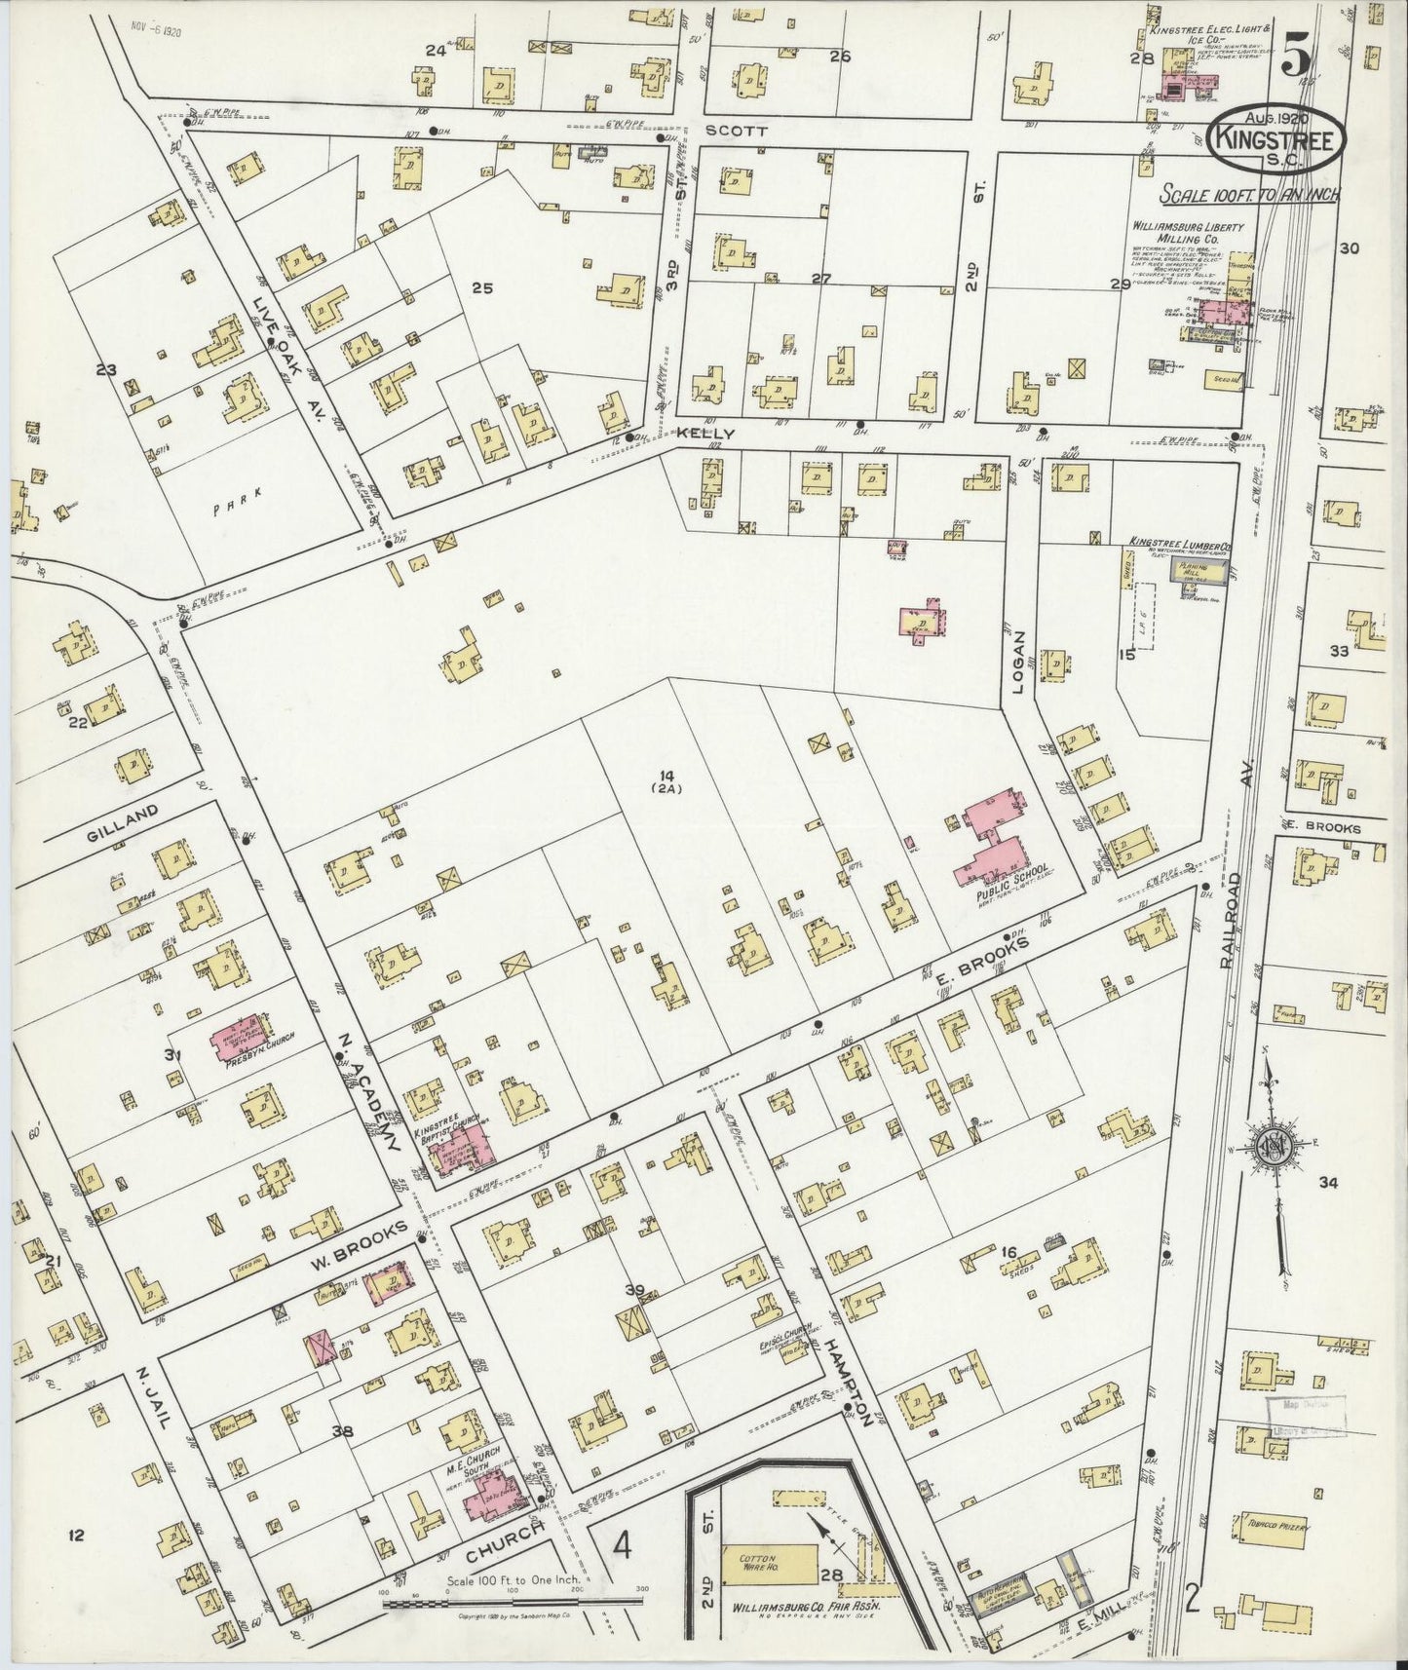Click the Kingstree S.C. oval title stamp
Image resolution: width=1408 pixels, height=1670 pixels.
1276,138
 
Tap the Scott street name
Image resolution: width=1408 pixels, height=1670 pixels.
724,131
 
